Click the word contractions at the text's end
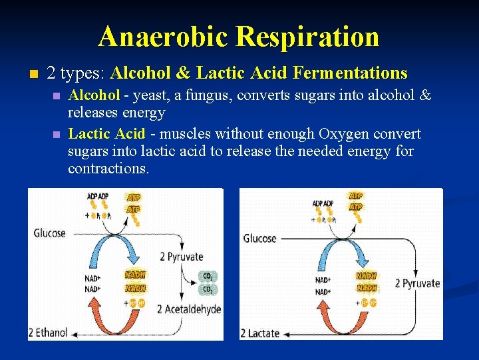[108, 168]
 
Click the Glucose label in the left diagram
[50, 233]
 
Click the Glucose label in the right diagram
[259, 238]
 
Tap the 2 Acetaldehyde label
[189, 309]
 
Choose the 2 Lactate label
[260, 333]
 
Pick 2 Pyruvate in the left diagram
[181, 257]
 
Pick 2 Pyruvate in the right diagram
[417, 283]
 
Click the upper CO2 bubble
[208, 275]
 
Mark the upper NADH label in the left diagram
[136, 275]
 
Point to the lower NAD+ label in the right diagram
[323, 292]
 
